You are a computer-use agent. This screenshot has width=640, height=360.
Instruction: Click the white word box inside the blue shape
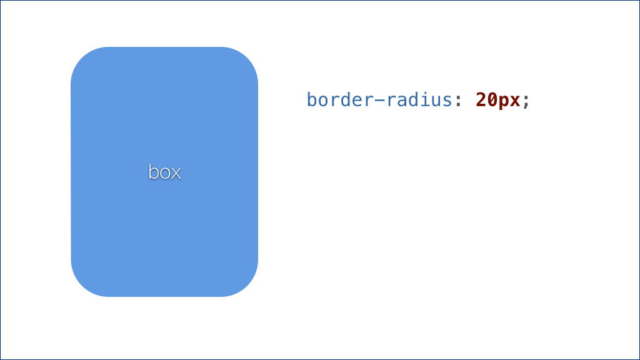point(164,172)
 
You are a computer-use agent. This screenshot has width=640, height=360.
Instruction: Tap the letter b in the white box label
point(154,172)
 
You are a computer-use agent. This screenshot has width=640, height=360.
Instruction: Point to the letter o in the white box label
point(165,174)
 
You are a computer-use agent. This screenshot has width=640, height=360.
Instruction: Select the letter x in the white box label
point(176,174)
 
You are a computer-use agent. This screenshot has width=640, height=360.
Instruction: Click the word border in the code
point(341,99)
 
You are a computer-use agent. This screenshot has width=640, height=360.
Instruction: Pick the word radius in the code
point(419,99)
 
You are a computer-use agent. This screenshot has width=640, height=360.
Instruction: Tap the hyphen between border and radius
point(380,100)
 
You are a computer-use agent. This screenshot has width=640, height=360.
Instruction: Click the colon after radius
point(458,102)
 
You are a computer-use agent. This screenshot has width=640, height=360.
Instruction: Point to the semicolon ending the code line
point(526,102)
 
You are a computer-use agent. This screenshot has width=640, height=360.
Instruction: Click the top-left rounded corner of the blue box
point(82,58)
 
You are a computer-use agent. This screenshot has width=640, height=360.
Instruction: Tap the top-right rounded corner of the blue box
point(246,58)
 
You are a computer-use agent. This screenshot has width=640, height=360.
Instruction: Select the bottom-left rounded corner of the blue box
point(82,285)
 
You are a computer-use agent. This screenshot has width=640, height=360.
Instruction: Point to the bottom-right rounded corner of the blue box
point(246,285)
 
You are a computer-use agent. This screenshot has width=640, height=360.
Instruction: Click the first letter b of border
point(312,99)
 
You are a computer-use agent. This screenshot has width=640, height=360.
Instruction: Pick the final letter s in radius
point(447,102)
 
